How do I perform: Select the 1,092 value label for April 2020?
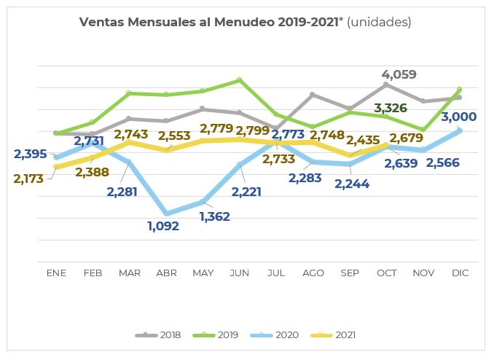pos(162,226)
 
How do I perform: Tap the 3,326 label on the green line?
pos(391,109)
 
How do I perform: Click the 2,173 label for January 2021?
pos(29,178)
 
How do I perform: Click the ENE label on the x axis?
pos(56,273)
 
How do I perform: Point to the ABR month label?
pos(166,273)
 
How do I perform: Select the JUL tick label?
pos(276,273)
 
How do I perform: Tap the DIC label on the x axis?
pos(460,273)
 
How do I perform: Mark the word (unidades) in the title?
pos(379,22)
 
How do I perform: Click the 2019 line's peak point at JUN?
pos(240,79)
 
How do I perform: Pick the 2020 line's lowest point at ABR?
pos(167,214)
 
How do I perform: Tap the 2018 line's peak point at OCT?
pos(386,85)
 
